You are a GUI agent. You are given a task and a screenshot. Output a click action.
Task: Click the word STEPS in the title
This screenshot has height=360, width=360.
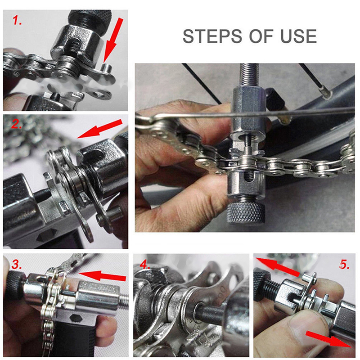212,36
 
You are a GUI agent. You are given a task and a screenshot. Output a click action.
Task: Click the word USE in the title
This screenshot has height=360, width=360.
299,36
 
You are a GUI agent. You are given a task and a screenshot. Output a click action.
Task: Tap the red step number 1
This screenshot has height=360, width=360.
17,20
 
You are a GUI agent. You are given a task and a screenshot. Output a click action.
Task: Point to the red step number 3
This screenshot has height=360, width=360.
17,264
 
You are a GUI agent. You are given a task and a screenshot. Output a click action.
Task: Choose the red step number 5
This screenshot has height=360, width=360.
344,264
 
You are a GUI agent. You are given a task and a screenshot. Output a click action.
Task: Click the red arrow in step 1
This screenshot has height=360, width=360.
113,40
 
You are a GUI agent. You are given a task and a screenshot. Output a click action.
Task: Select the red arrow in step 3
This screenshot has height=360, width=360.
102,275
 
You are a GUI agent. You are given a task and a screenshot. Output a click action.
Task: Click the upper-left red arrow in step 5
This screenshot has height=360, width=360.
278,267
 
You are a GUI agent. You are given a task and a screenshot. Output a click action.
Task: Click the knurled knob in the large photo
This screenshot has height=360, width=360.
245,213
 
